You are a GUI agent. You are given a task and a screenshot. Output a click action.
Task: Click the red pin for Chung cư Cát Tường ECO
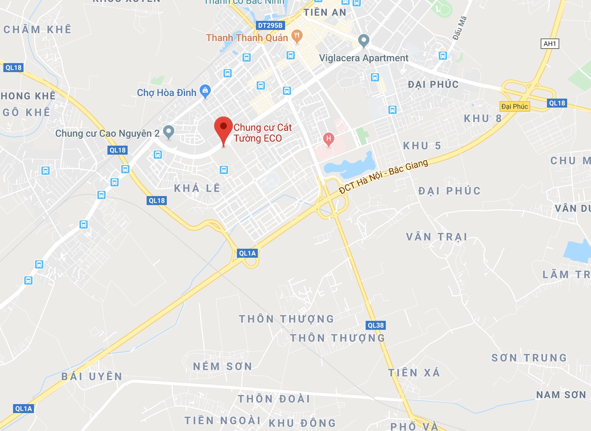pos(223,127)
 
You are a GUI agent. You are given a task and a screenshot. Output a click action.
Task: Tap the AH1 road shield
pos(550,44)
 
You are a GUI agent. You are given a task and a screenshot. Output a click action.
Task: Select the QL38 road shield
pos(375,325)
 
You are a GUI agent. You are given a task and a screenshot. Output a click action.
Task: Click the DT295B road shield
pos(271,25)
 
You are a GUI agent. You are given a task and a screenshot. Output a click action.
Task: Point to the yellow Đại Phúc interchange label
pos(515,106)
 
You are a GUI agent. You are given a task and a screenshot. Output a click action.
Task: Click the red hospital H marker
pos(328,139)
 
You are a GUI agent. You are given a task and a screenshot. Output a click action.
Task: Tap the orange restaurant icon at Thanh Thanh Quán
pos(297,36)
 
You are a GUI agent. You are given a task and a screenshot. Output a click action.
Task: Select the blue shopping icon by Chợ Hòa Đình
pos(205,91)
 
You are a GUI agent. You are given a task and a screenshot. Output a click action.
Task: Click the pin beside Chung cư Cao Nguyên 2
pos(169,131)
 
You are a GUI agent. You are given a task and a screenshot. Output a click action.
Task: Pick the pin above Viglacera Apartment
pos(363,40)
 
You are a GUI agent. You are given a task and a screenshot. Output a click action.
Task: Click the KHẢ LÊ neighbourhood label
pos(197,188)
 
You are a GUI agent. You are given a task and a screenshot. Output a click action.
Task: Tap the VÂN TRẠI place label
pos(437,237)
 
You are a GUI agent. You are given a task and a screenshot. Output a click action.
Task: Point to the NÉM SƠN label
pos(222,366)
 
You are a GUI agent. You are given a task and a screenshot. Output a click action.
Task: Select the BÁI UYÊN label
pos(92,376)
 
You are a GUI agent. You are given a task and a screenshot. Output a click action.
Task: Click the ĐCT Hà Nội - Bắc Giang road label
pos(384,177)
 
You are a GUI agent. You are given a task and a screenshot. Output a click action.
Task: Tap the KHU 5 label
pos(422,146)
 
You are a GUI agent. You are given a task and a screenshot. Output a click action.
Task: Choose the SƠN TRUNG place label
pos(529,358)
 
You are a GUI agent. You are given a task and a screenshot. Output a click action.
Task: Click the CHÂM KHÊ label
pos(37,30)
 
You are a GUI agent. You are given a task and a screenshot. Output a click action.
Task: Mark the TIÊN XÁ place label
pos(414,373)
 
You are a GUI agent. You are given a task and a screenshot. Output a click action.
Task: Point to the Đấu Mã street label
pos(460,28)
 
